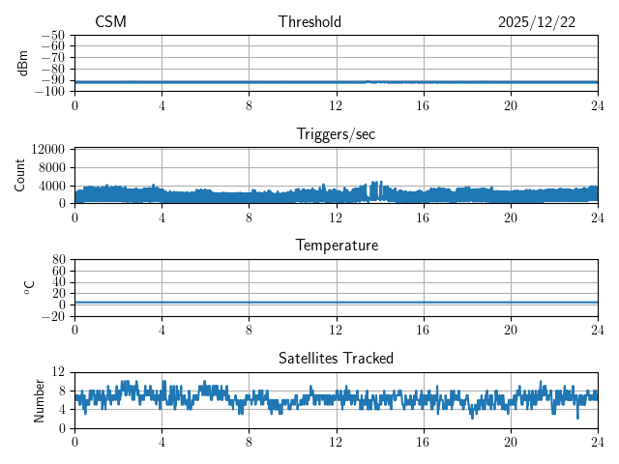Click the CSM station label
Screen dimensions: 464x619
[x=110, y=22]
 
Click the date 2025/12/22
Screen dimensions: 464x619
[x=537, y=22]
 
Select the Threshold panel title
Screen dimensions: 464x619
[x=309, y=22]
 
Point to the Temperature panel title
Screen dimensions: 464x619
[x=336, y=246]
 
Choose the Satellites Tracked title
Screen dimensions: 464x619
[x=336, y=358]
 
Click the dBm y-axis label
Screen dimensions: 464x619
[x=23, y=63]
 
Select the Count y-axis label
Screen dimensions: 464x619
[x=19, y=175]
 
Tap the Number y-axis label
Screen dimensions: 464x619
[x=39, y=399]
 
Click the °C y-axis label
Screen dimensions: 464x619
[x=29, y=287]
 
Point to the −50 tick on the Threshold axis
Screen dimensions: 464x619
[x=52, y=35]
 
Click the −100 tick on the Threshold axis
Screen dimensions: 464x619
[x=49, y=91]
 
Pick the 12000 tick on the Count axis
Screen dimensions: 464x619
[x=48, y=149]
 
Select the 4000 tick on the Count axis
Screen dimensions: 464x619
[x=52, y=185]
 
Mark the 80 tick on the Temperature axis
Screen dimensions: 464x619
[x=58, y=260]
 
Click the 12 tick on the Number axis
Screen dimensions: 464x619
[x=58, y=372]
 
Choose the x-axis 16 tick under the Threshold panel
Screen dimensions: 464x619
[x=423, y=105]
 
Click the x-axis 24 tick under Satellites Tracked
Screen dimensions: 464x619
[x=597, y=442]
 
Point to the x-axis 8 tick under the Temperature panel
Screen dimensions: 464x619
[x=249, y=330]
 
